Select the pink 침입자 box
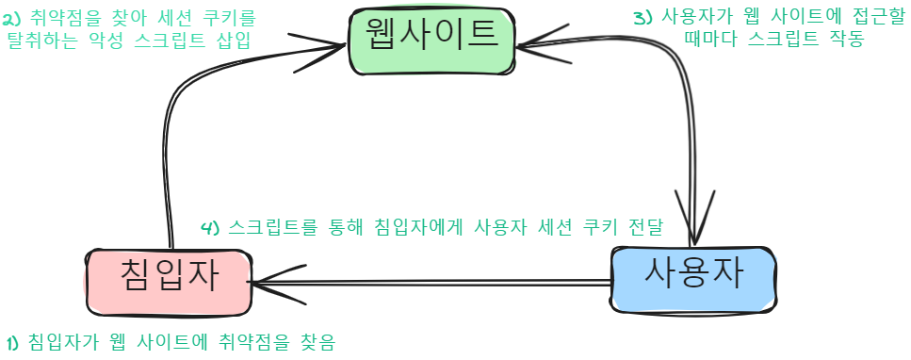pyautogui.click(x=169, y=279)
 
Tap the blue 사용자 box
pyautogui.click(x=693, y=277)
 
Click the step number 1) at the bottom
pyautogui.click(x=12, y=341)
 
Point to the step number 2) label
pyautogui.click(x=12, y=17)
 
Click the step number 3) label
pyautogui.click(x=642, y=17)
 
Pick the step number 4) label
pyautogui.click(x=211, y=227)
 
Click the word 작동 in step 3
pyautogui.click(x=844, y=41)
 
